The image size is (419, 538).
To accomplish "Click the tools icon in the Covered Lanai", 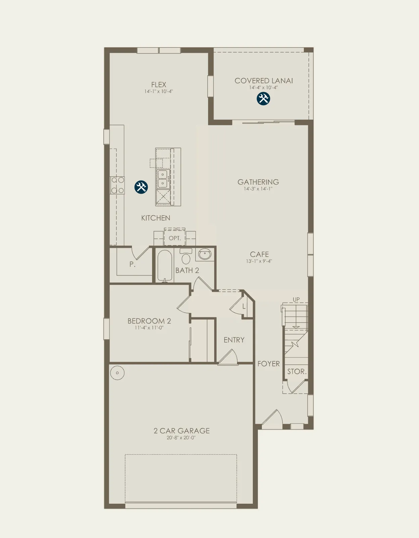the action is click(263, 99).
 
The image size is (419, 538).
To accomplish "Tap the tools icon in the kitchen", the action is click(141, 187).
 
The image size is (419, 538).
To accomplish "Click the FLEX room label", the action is click(159, 85).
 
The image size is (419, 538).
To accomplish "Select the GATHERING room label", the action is click(258, 182).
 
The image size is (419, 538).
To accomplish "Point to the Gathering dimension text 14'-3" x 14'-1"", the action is click(258, 189).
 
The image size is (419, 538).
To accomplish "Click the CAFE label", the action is click(259, 254).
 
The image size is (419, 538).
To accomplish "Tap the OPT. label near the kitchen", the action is click(175, 238).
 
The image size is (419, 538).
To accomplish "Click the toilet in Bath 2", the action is click(186, 256).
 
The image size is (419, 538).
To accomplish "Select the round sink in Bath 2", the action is click(205, 254).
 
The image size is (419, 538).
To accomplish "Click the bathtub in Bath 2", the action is click(165, 266).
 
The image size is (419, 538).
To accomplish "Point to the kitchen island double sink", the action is click(163, 179).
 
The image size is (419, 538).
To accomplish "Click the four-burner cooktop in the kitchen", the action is click(118, 185).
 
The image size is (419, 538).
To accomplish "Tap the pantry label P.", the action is click(132, 264).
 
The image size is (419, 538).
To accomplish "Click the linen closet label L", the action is click(244, 307).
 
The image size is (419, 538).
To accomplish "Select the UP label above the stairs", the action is click(296, 299).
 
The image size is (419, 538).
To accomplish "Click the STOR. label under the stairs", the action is click(297, 371).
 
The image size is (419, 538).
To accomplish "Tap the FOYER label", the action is click(269, 364).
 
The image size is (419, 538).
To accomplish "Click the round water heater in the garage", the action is click(117, 373).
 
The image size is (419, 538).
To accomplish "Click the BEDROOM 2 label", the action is click(149, 321).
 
